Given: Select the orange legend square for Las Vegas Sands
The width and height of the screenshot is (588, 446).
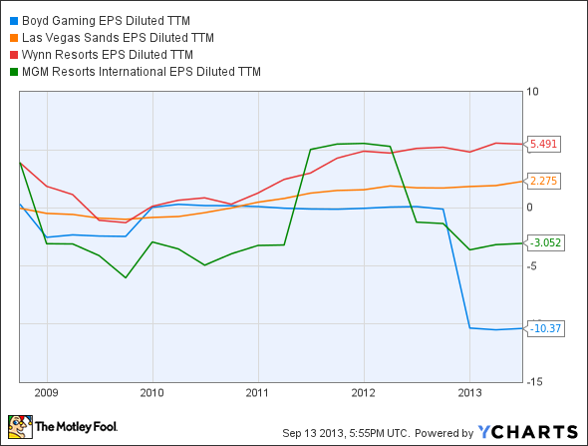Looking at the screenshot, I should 11,37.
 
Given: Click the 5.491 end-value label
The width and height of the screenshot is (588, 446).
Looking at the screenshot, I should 544,144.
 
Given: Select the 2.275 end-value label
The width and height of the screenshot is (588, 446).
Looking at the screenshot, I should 544,181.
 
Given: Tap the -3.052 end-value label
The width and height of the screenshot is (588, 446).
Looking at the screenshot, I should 546,242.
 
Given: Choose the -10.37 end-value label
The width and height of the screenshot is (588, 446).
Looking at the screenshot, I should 546,328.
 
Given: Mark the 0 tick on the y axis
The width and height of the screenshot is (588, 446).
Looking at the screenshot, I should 531,208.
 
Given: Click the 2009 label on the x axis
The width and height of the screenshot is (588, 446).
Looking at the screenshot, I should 47,392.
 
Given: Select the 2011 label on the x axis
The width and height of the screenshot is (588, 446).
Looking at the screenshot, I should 257,392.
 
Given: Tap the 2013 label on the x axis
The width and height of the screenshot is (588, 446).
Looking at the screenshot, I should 469,392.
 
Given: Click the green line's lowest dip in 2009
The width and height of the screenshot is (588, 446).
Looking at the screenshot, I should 126,277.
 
